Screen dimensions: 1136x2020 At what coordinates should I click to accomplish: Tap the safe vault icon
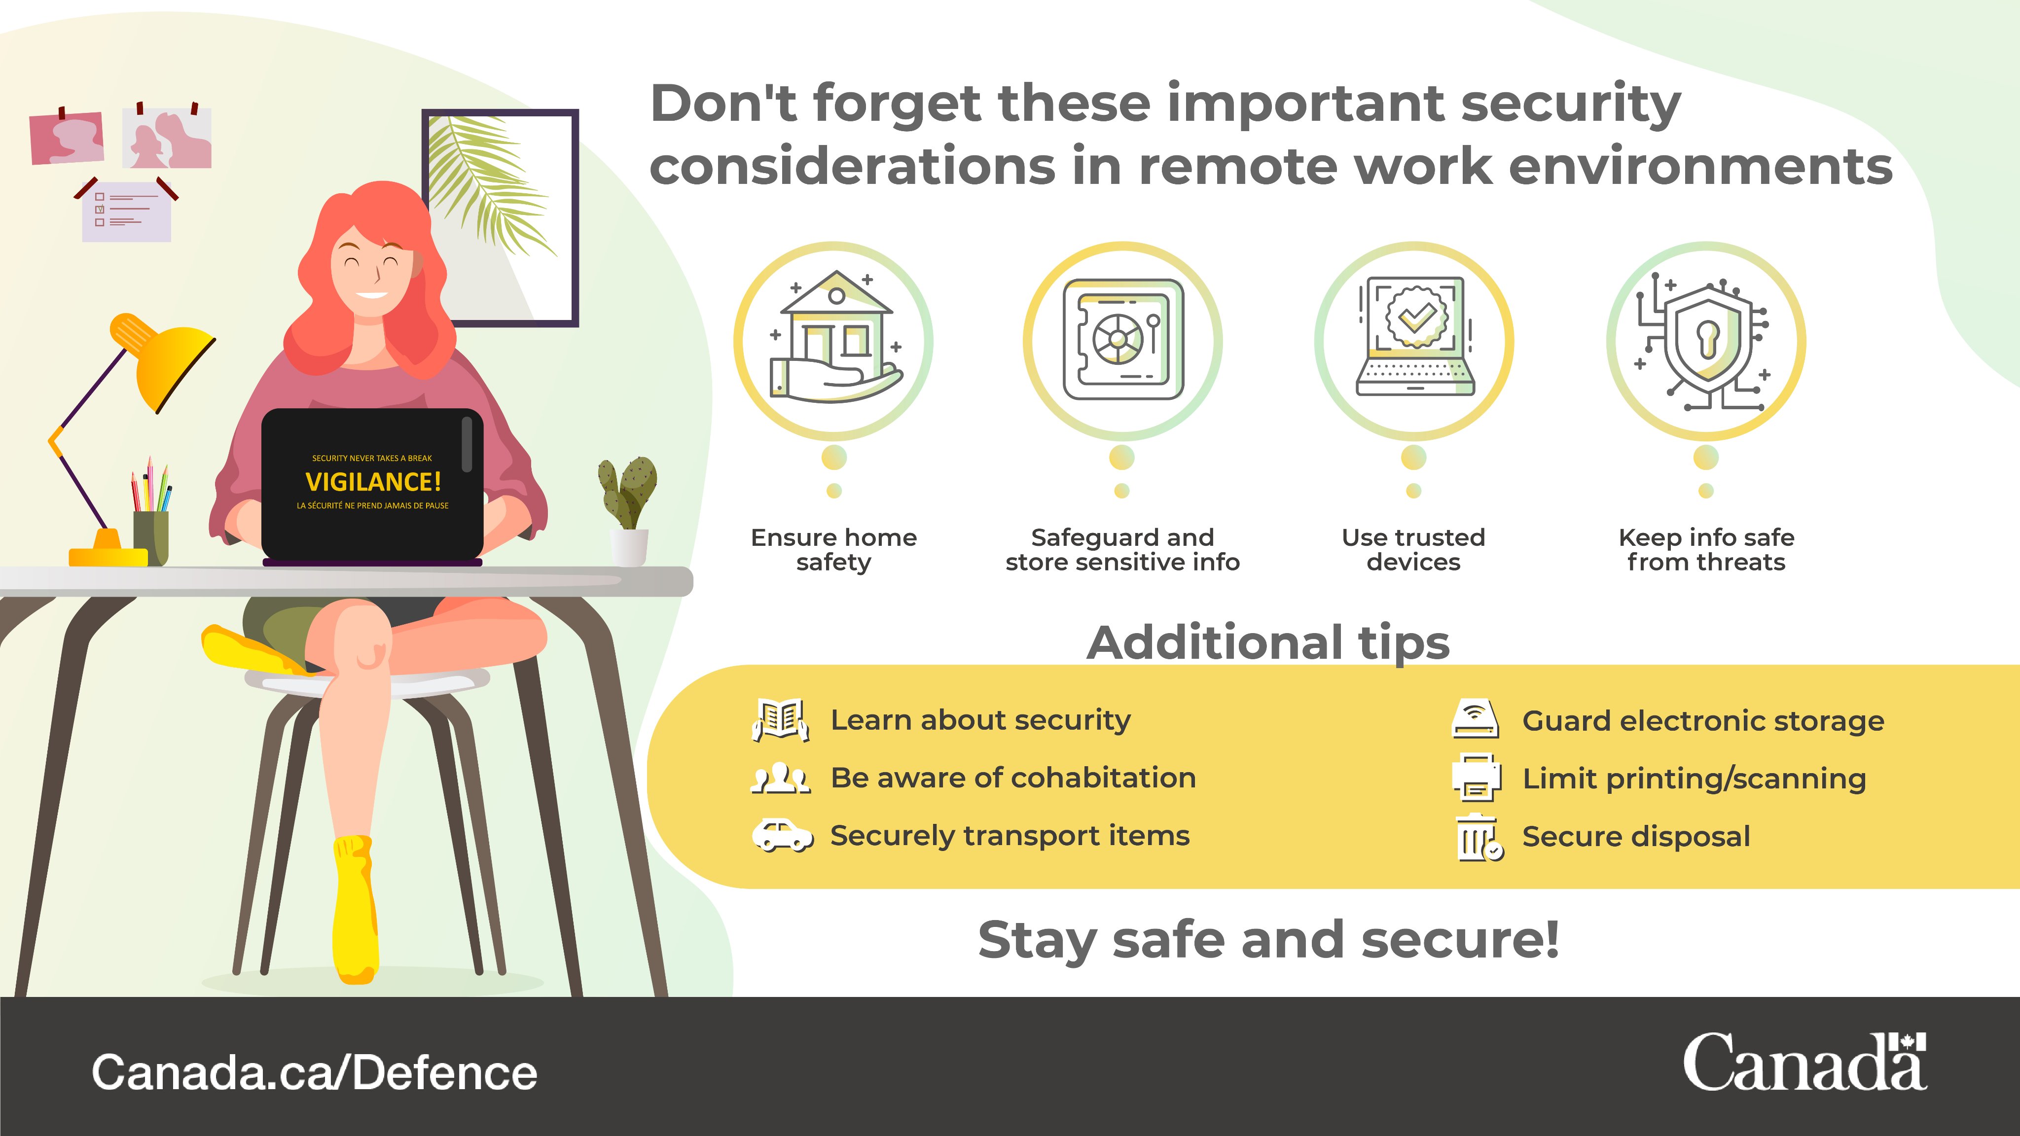click(1122, 339)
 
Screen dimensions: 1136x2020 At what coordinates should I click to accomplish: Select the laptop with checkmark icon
click(1414, 337)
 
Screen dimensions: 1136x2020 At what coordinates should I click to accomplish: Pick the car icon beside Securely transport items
click(782, 836)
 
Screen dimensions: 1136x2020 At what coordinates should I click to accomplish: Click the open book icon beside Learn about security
click(780, 719)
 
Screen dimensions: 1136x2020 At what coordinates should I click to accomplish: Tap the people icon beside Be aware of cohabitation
click(780, 778)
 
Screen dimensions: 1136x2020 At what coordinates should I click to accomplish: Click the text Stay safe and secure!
click(1268, 939)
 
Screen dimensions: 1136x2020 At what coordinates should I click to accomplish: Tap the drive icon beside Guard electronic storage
click(1475, 720)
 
